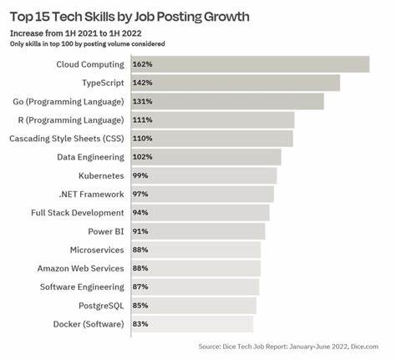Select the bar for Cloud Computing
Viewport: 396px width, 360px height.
(250, 64)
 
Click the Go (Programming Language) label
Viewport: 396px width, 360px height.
(68, 101)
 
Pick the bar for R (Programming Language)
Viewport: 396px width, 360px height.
(212, 119)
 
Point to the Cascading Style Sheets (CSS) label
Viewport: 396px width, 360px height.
(65, 138)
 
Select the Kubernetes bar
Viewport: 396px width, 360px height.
(204, 175)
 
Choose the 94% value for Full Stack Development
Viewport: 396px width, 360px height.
(140, 212)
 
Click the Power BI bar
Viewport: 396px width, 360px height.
(198, 231)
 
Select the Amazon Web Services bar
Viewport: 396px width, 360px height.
(195, 268)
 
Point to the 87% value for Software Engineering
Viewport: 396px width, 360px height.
(140, 286)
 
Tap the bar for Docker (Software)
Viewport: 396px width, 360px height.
(192, 324)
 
